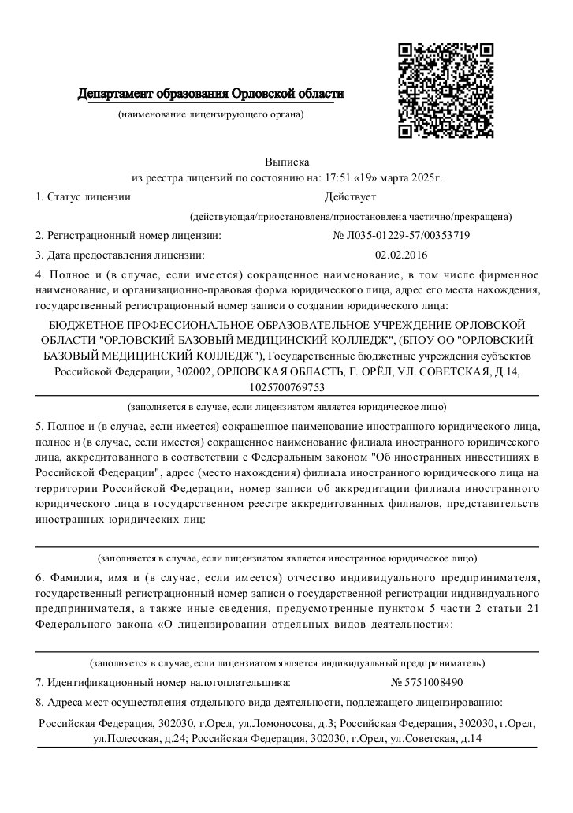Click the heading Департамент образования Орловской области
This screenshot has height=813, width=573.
(210, 95)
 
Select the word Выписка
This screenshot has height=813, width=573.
(287, 161)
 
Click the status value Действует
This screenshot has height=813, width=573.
(350, 196)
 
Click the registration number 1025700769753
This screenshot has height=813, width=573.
(286, 387)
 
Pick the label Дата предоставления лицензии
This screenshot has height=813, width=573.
(125, 255)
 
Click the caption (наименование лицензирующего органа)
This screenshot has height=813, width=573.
(210, 115)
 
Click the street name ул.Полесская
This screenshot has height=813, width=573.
(125, 739)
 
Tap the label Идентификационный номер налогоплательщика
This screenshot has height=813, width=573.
(168, 682)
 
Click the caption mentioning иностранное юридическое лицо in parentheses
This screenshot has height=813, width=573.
(287, 558)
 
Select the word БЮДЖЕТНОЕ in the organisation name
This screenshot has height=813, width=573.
(83, 326)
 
